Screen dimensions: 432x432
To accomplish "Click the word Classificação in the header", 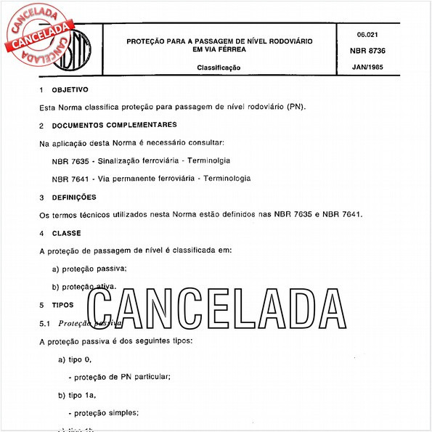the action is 219,68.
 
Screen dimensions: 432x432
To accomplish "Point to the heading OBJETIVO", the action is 70,89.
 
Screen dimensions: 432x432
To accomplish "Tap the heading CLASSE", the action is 67,233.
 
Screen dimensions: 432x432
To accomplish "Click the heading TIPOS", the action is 64,305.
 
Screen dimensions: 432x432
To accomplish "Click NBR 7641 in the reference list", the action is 70,178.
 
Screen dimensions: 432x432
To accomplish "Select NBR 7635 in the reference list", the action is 70,160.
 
